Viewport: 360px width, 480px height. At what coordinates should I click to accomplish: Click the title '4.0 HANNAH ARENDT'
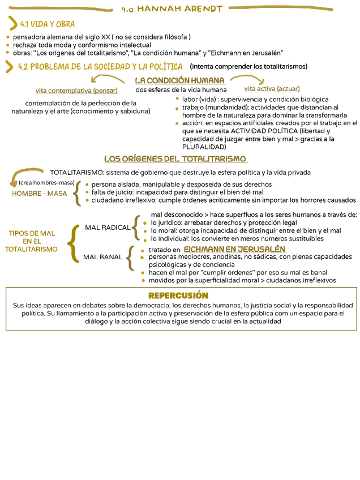click(x=172, y=8)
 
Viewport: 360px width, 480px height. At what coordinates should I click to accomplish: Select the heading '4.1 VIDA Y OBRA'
click(x=47, y=24)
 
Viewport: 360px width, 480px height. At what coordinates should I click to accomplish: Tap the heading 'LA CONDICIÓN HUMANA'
click(x=179, y=80)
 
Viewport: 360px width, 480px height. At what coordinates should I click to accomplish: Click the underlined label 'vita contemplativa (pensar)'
click(x=76, y=91)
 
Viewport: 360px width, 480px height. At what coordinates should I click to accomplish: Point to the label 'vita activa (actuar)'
click(x=272, y=89)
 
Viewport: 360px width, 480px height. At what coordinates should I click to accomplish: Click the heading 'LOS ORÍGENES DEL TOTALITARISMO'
click(x=175, y=159)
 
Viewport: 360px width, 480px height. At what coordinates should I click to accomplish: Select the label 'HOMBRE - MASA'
click(x=40, y=194)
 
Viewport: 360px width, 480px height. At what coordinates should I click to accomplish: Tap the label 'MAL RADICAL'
click(x=108, y=228)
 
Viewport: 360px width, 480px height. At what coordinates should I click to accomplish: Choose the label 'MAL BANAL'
click(x=103, y=257)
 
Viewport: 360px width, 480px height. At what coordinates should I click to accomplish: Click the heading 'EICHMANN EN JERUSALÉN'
click(x=234, y=250)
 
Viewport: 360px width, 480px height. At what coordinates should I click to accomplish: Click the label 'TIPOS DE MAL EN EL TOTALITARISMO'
click(x=32, y=241)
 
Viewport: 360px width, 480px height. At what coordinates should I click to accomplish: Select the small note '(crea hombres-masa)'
click(x=46, y=183)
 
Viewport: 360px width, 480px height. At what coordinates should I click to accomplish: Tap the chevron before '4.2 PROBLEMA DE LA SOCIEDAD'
click(x=9, y=67)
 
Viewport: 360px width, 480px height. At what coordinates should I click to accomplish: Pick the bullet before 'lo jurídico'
click(x=146, y=223)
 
